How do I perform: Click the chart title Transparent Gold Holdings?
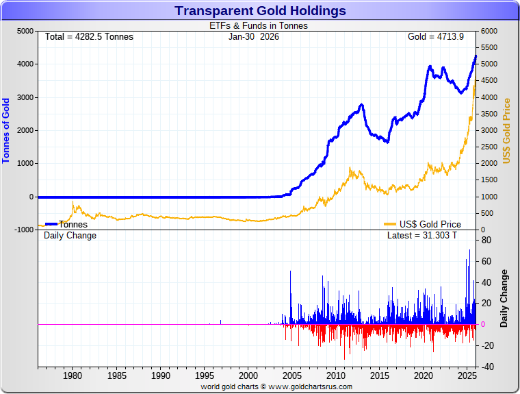click(x=260, y=11)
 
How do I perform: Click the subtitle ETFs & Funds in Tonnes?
click(x=258, y=26)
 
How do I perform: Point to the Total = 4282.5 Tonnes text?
click(x=89, y=36)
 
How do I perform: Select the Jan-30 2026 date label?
click(x=253, y=36)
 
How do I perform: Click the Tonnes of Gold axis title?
click(x=6, y=130)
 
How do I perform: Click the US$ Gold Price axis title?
click(x=507, y=130)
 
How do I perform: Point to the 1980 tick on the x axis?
click(x=73, y=375)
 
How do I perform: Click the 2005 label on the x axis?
click(x=292, y=375)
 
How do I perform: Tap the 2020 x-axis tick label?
click(x=424, y=375)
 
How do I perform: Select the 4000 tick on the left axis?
click(x=25, y=64)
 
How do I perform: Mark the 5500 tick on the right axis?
click(x=490, y=48)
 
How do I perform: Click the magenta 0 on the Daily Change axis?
click(x=483, y=324)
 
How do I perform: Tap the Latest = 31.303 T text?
click(x=421, y=236)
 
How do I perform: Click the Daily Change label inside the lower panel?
click(x=70, y=236)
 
